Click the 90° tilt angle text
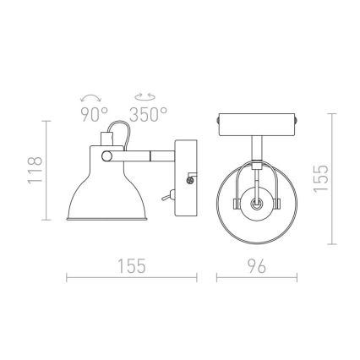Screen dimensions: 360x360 point(93,115)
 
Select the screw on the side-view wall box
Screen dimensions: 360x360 point(188,178)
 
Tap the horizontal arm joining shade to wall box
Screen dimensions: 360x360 point(150,156)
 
